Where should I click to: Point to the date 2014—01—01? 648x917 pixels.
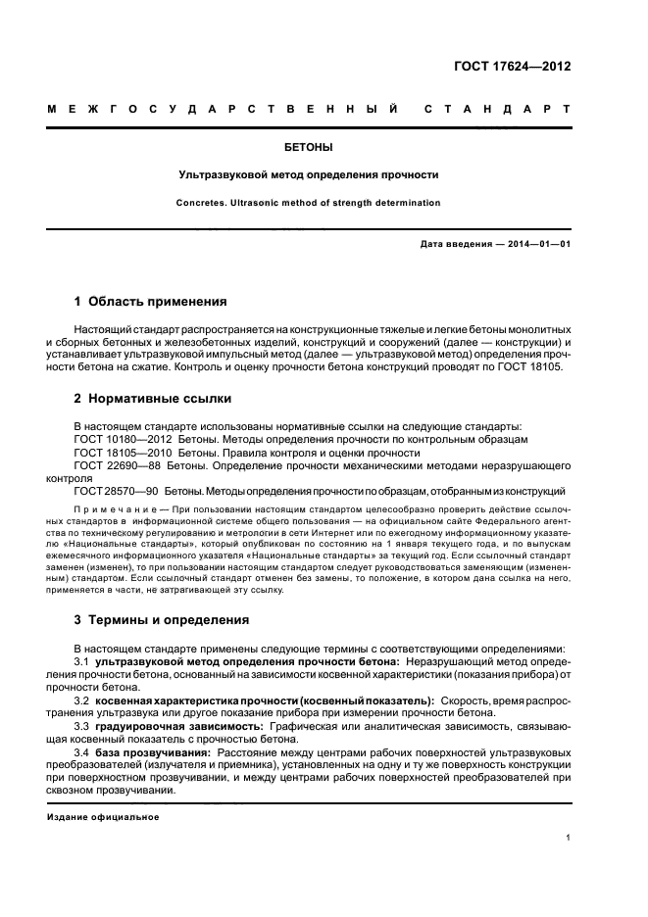[536, 243]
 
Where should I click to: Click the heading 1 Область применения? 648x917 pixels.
[151, 301]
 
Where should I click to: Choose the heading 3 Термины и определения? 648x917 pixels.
[162, 620]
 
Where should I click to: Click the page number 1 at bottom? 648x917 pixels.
[570, 838]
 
